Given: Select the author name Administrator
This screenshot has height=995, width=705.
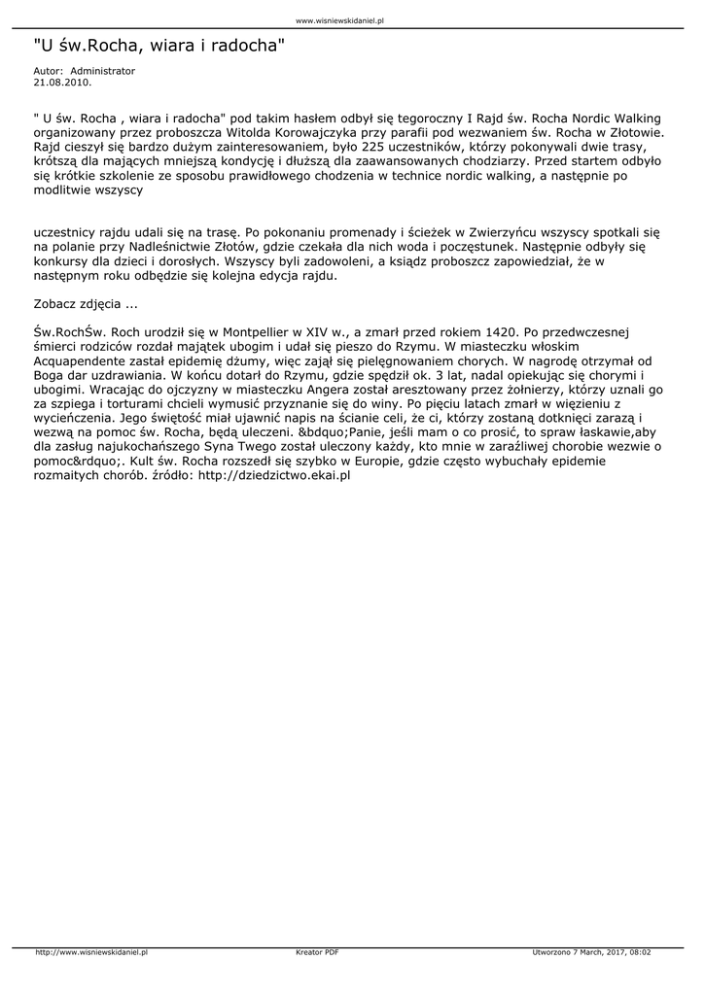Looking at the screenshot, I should click(103, 71).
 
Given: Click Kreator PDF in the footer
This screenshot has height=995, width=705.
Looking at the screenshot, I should click(317, 952).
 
